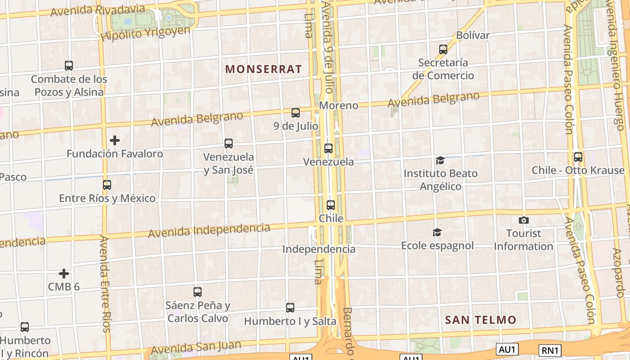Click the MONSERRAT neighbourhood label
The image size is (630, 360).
[263, 69]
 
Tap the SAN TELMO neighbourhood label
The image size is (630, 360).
[481, 320]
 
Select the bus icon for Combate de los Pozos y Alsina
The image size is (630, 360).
[69, 66]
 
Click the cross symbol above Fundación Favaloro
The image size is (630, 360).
[115, 140]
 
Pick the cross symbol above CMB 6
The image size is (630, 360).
[64, 274]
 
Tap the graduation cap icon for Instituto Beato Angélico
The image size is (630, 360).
[440, 160]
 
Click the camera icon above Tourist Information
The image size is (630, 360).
[523, 220]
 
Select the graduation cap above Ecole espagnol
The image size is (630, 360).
[437, 232]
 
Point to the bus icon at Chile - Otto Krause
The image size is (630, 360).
[578, 157]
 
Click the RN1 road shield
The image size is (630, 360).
[550, 350]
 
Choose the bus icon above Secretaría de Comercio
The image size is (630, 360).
[443, 49]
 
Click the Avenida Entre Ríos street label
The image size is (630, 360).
[105, 283]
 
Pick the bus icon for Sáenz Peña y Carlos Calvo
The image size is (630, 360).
[198, 292]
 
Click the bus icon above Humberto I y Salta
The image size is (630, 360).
[290, 308]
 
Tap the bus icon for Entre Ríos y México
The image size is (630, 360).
[107, 185]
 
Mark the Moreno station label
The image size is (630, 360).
[339, 105]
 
